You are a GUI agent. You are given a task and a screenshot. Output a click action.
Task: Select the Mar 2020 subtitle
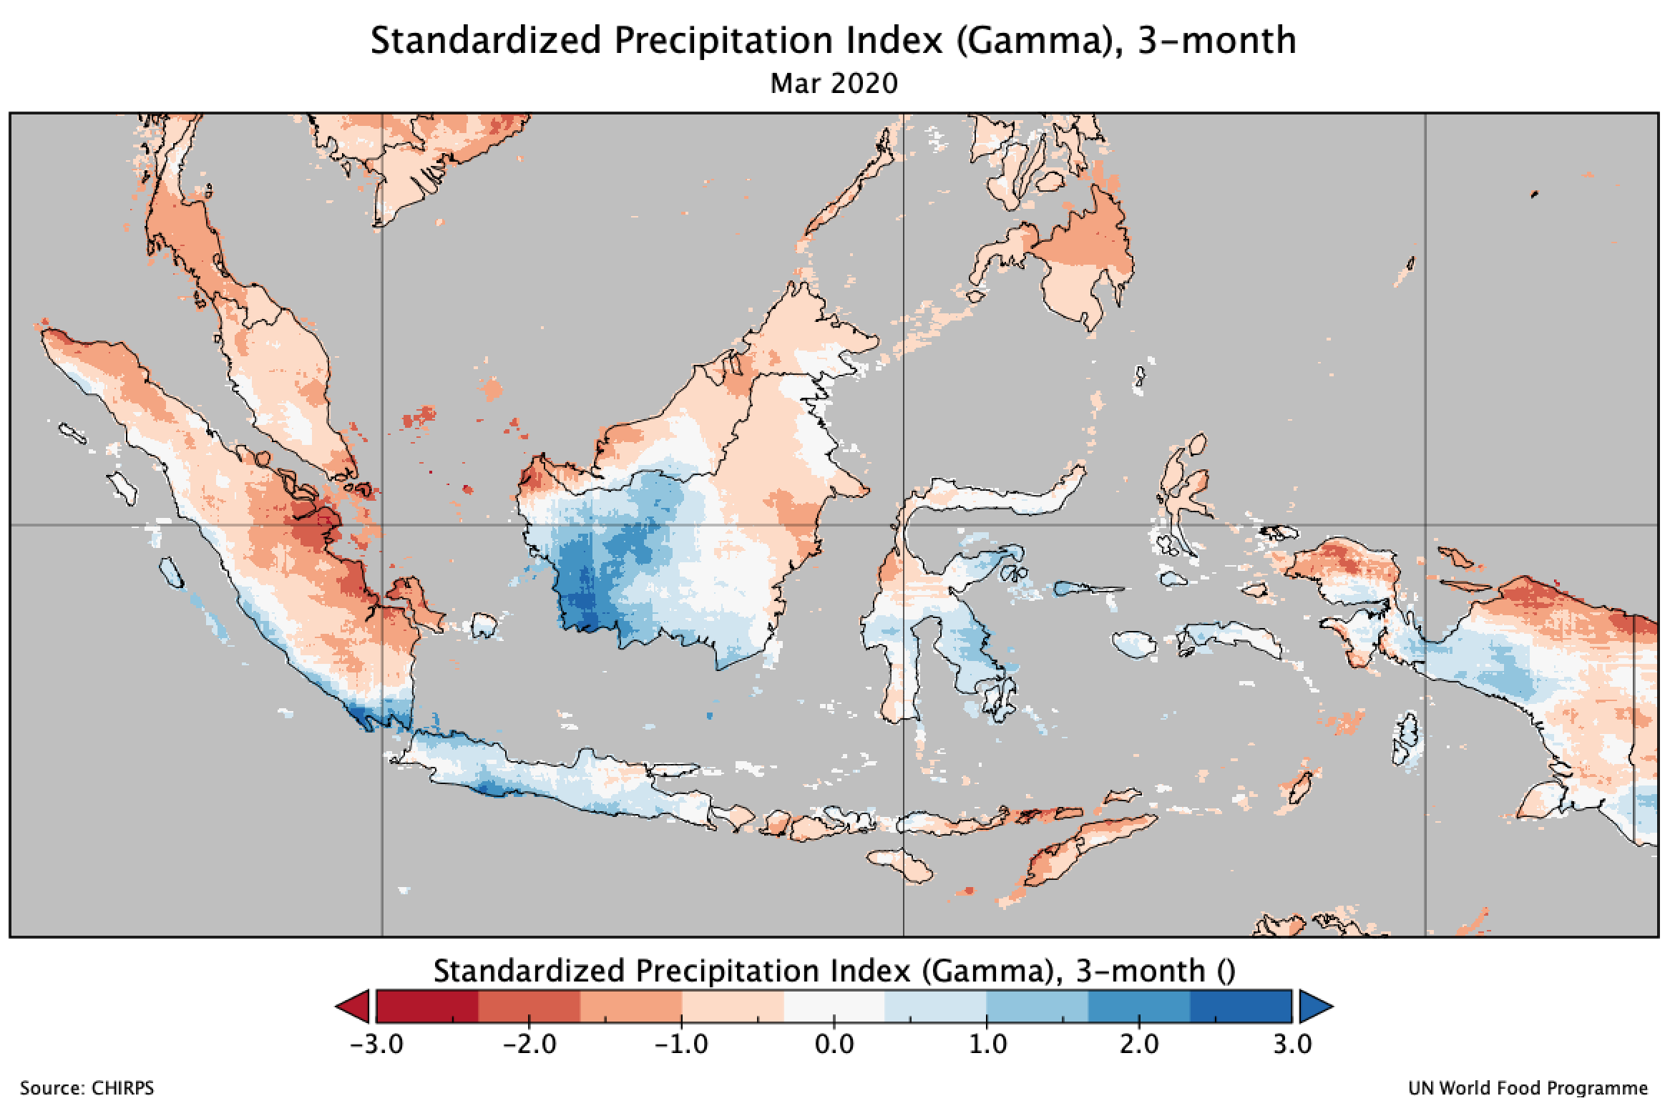(834, 84)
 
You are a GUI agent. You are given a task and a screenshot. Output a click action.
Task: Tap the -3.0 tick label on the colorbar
(376, 1044)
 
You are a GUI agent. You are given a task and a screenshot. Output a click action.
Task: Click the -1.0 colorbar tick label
(681, 1044)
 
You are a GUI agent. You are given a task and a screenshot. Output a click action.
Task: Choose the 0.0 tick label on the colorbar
(834, 1044)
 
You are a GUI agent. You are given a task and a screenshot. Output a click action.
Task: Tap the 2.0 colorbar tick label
(1139, 1044)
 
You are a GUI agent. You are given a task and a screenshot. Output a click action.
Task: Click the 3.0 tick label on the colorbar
(1292, 1044)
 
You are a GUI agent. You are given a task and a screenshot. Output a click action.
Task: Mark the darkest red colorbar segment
(427, 1007)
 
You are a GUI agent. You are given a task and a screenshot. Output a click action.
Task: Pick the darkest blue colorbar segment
(1241, 1007)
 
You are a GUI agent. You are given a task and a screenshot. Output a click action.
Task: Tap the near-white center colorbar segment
(834, 1007)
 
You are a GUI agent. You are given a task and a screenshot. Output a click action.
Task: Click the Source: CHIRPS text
(87, 1089)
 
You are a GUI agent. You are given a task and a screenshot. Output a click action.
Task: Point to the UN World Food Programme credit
(1528, 1089)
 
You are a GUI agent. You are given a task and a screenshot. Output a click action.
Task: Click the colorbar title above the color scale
(834, 971)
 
